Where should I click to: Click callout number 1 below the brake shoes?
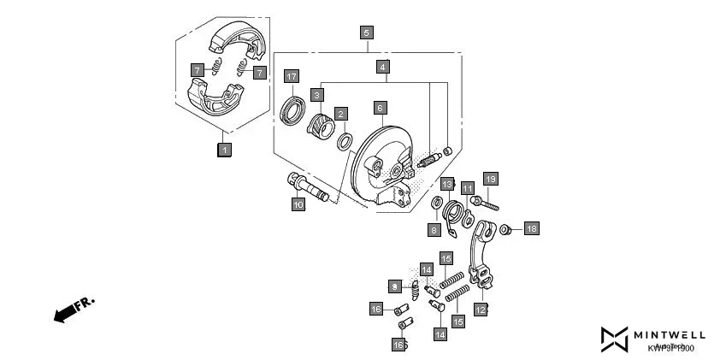(224, 150)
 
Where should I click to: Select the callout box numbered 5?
(366, 33)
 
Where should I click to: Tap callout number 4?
(383, 66)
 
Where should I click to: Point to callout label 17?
(291, 76)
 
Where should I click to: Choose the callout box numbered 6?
(380, 108)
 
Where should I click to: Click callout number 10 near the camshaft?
(298, 204)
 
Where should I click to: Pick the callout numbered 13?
(447, 184)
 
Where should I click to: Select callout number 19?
(490, 179)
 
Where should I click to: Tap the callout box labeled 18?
(531, 228)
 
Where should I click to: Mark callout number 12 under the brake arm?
(481, 310)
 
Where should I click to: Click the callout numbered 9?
(395, 286)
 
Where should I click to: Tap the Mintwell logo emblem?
(615, 339)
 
